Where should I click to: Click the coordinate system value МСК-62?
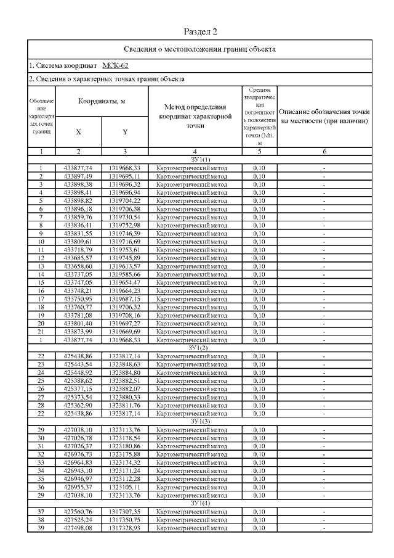point(115,65)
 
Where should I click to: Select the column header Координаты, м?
point(102,101)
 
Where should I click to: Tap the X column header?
point(78,131)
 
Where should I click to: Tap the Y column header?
point(124,131)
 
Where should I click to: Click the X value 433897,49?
point(78,176)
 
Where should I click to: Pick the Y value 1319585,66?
point(124,274)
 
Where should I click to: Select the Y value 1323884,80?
point(124,372)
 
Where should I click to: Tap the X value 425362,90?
point(78,405)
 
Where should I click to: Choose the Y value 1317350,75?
point(124,520)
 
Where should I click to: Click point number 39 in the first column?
point(41,528)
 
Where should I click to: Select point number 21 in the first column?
point(41,331)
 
